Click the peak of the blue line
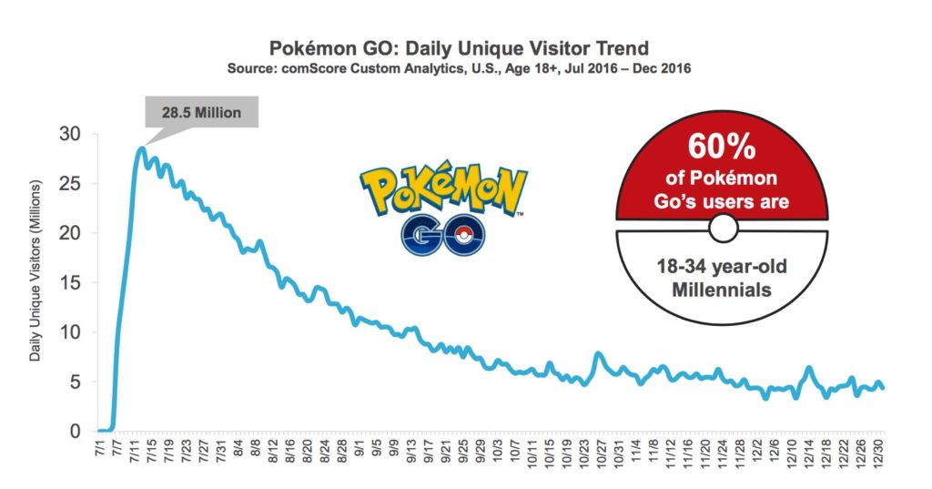point(141,148)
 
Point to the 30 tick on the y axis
point(71,134)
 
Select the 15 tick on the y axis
point(71,282)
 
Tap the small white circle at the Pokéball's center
point(722,228)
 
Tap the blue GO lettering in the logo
point(442,234)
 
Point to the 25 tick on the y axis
point(71,183)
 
